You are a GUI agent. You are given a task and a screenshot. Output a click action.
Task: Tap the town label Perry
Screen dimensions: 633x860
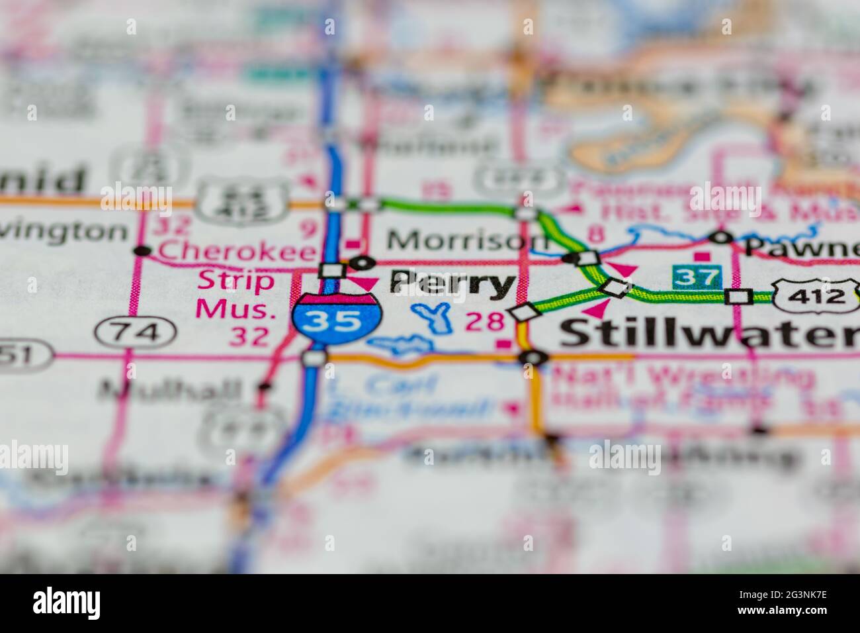452,283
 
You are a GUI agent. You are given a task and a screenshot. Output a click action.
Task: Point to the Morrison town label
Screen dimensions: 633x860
467,240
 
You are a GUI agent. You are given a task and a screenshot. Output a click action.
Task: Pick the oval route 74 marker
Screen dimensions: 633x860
134,330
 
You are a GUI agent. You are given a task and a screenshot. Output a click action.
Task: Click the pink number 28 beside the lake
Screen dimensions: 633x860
486,322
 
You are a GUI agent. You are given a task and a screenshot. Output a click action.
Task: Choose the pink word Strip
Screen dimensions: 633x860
227,280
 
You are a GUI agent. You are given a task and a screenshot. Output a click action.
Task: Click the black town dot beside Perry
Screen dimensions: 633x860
361,263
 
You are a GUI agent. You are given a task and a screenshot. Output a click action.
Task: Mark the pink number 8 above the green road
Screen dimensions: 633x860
596,234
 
